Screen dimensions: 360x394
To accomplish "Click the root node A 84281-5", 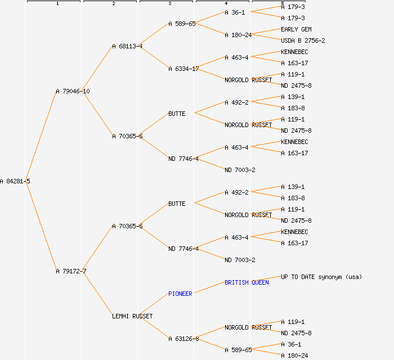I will click(x=15, y=181).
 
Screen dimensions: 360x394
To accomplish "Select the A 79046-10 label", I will click(x=73, y=91).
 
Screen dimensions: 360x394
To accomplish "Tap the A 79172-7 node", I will click(x=71, y=271).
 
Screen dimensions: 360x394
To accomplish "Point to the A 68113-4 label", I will click(x=127, y=46).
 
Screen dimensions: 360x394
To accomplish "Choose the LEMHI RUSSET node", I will click(x=132, y=316).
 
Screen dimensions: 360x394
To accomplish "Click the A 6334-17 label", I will click(x=183, y=69).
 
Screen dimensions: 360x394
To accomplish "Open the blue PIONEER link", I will click(x=180, y=294).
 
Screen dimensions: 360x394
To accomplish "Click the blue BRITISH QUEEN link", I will click(x=247, y=282).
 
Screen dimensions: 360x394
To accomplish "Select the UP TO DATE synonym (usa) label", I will click(x=321, y=277).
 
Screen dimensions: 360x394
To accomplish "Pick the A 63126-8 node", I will click(x=183, y=339).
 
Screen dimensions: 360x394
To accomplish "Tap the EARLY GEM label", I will click(x=296, y=29).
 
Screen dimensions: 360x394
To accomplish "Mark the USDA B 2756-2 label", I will click(x=303, y=40).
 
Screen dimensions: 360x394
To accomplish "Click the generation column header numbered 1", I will click(x=57, y=3).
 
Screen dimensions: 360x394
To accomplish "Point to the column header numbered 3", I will click(x=169, y=3).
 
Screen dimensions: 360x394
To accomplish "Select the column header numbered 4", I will click(x=226, y=3).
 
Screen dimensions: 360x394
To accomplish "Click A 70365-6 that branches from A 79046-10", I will click(x=127, y=136).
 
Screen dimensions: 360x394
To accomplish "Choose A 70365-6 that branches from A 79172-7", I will click(x=127, y=226).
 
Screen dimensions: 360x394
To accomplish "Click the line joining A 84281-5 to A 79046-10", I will click(x=41, y=136).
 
